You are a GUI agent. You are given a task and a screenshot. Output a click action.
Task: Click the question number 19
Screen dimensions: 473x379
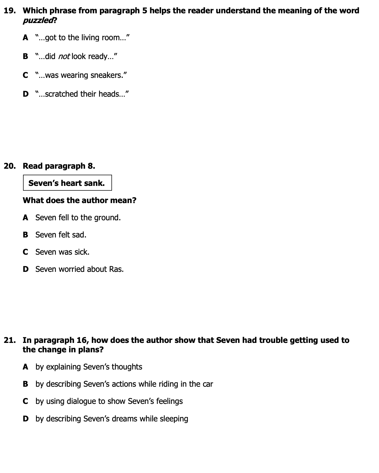point(9,11)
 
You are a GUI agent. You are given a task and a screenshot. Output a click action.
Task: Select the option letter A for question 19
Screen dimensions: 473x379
point(26,38)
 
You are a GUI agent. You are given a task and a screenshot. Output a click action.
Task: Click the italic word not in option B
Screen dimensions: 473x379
point(64,56)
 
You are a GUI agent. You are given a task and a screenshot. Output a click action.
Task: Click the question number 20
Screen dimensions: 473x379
point(9,166)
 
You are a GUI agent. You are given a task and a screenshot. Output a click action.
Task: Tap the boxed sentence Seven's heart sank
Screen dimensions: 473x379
point(67,183)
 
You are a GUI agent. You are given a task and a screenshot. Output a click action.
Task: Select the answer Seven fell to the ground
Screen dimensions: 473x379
point(78,217)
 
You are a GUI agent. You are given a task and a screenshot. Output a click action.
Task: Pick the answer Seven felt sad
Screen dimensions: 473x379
point(61,235)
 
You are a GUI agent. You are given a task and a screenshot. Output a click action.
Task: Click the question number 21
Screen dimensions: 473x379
point(9,340)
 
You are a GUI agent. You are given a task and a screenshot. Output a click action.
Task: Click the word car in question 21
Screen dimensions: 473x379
point(208,384)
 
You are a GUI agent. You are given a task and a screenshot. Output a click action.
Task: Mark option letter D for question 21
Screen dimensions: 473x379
point(26,419)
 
